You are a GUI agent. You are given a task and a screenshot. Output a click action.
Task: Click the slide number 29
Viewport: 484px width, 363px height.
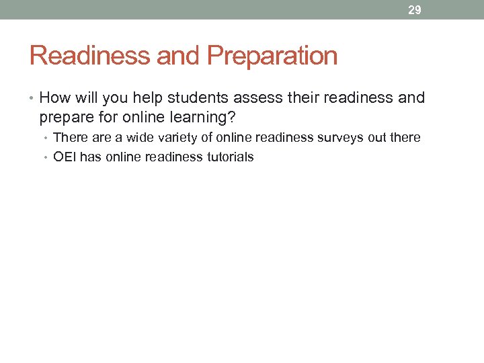click(415, 10)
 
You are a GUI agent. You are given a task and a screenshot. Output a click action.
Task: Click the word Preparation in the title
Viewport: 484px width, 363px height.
click(272, 56)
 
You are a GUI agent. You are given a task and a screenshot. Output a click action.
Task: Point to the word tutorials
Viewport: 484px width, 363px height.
click(229, 157)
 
